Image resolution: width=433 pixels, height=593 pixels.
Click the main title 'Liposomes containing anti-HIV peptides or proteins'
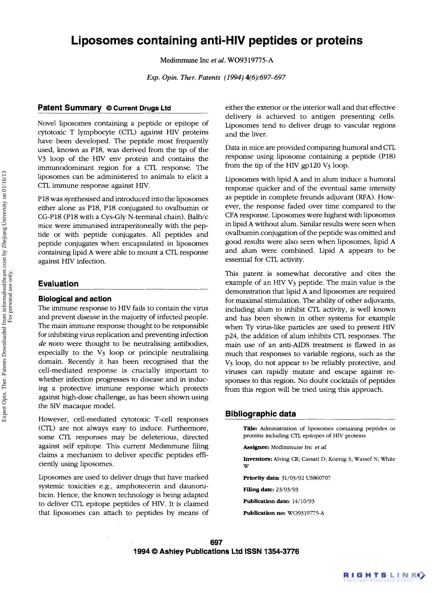217,41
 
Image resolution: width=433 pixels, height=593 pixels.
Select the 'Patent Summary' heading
70,108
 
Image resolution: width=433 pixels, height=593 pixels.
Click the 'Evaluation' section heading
58,284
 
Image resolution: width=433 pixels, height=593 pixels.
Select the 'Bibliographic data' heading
260,414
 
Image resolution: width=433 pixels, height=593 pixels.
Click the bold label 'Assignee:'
256,447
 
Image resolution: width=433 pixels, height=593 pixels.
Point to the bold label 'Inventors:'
258,459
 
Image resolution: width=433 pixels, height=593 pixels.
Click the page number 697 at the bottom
216,542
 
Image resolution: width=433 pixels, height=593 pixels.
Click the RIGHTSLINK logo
384,574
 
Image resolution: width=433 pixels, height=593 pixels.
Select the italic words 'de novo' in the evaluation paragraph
51,344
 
